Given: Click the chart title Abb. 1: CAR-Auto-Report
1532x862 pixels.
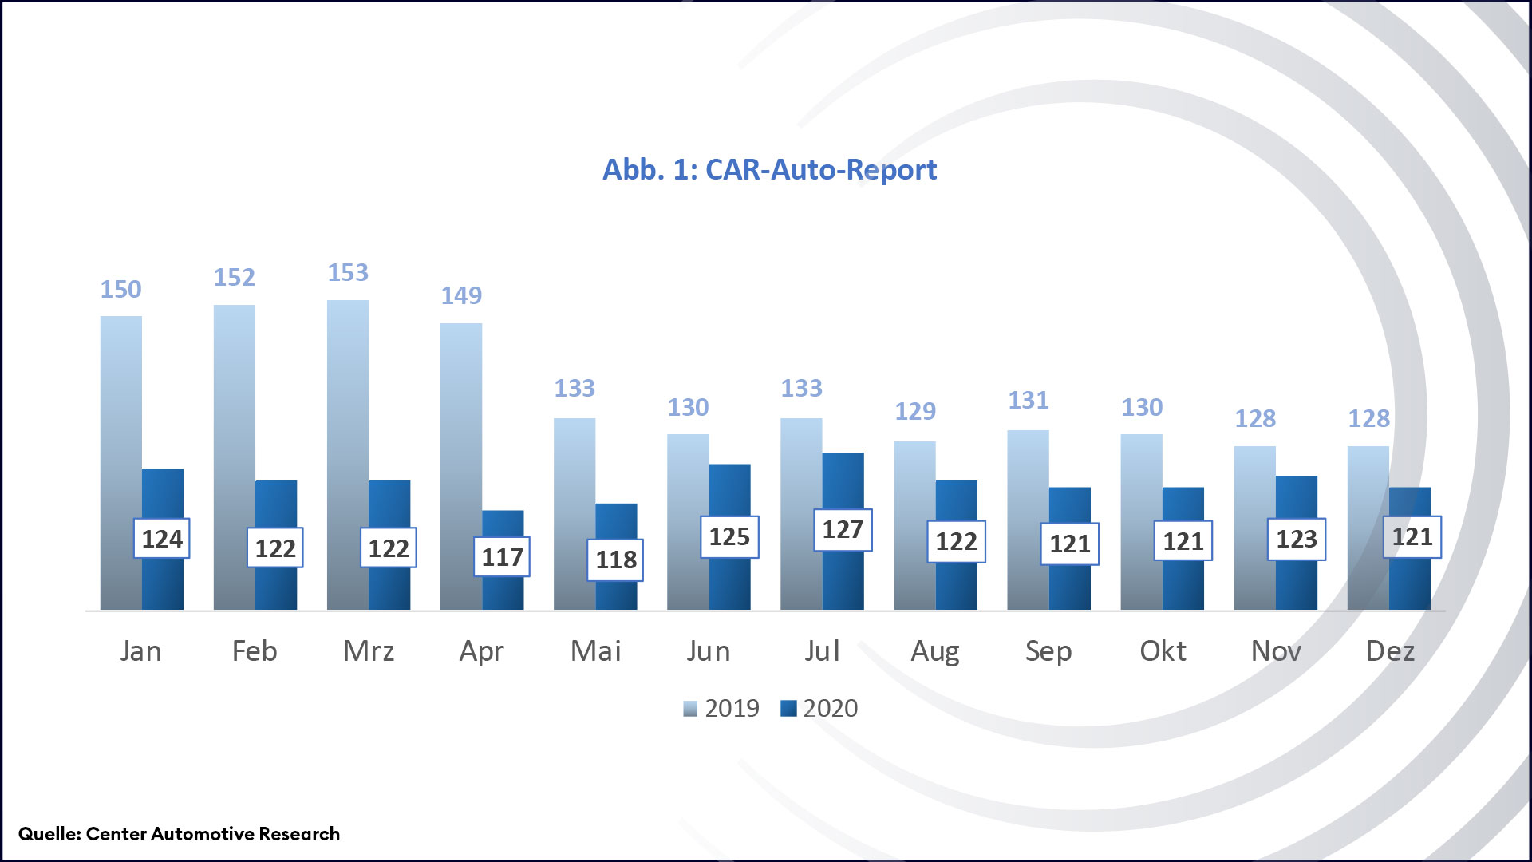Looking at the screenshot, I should coord(769,170).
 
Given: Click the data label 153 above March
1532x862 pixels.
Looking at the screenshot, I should coord(348,273).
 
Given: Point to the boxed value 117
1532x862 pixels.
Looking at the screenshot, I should coord(502,557).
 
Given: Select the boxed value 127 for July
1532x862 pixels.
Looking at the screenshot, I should coord(843,529).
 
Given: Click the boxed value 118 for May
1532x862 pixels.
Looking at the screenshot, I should coord(615,560).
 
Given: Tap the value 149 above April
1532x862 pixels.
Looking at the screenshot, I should coord(461,296).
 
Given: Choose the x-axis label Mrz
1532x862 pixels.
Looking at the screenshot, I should coord(368,651).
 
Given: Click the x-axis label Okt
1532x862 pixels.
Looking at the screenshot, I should coord(1162,651).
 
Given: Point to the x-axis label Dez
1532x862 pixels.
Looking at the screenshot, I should coord(1389,651).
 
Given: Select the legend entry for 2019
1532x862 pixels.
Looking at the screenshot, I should coord(721,708).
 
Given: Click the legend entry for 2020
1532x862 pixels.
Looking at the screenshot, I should coord(819,708).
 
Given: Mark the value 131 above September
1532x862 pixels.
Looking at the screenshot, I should coord(1028,401).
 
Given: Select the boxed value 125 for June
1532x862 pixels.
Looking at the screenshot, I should coord(728,536).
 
